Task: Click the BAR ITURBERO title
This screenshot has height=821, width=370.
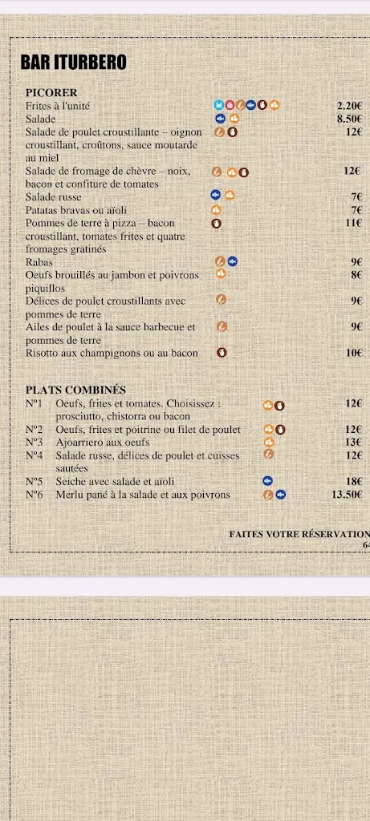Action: tap(73, 63)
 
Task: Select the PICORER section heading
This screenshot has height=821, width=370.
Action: tap(51, 93)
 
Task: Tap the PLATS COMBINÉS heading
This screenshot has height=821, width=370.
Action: tap(75, 390)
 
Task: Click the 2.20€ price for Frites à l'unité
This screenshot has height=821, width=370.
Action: tap(350, 106)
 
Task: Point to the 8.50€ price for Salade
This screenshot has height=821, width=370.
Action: tap(350, 119)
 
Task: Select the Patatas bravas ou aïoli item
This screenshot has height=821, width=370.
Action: tap(71, 210)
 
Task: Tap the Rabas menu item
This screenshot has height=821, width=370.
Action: tap(39, 261)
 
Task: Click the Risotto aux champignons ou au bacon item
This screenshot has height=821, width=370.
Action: tap(112, 353)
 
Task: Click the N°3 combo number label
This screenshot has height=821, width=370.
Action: tap(34, 442)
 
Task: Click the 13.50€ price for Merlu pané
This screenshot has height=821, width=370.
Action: tap(347, 495)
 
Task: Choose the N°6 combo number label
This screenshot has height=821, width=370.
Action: tap(34, 495)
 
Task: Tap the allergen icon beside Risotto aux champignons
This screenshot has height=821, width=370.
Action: tap(222, 353)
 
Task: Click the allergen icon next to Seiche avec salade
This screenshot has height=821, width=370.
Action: tap(269, 481)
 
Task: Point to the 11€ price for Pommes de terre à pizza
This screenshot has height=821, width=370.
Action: tap(354, 223)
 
